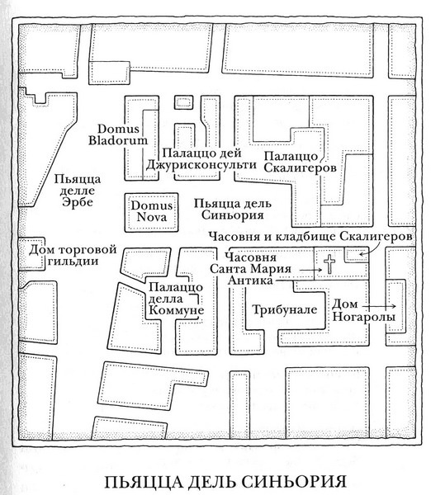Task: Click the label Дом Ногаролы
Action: pyautogui.click(x=363, y=310)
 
